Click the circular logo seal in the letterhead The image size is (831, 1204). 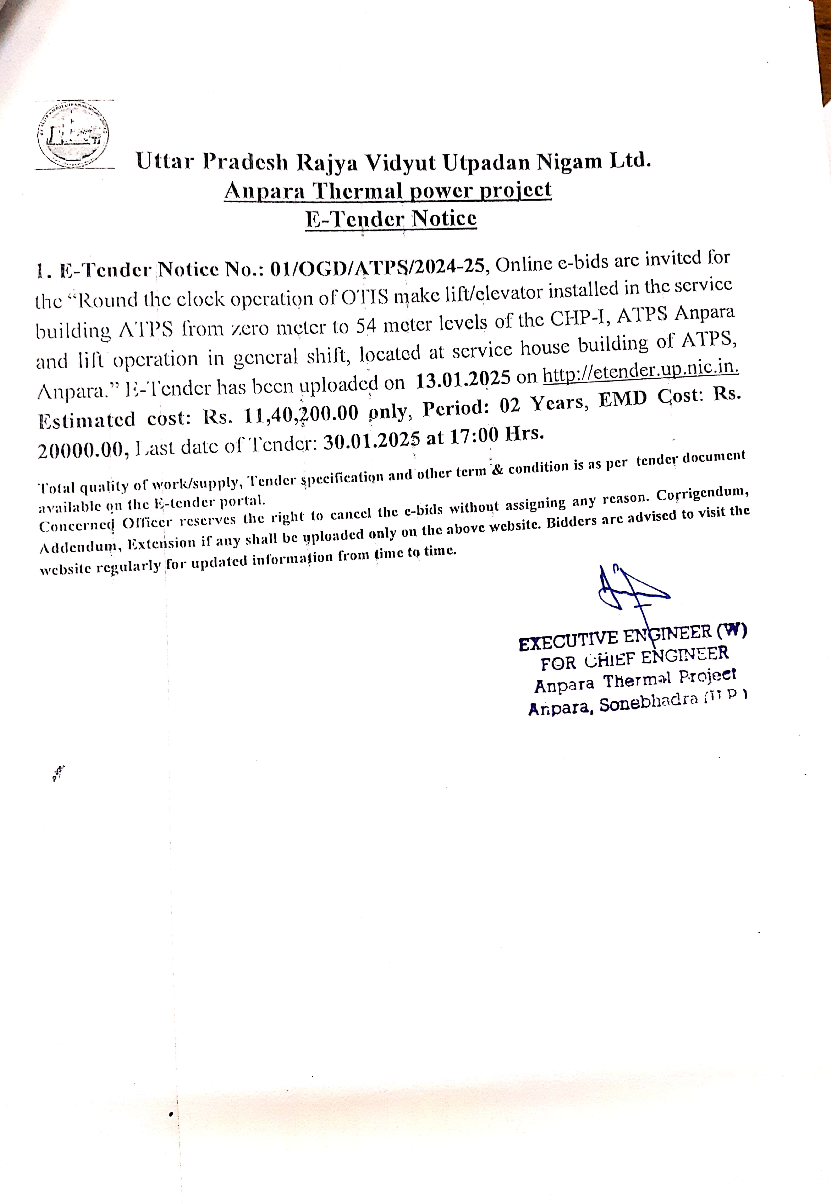point(73,135)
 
